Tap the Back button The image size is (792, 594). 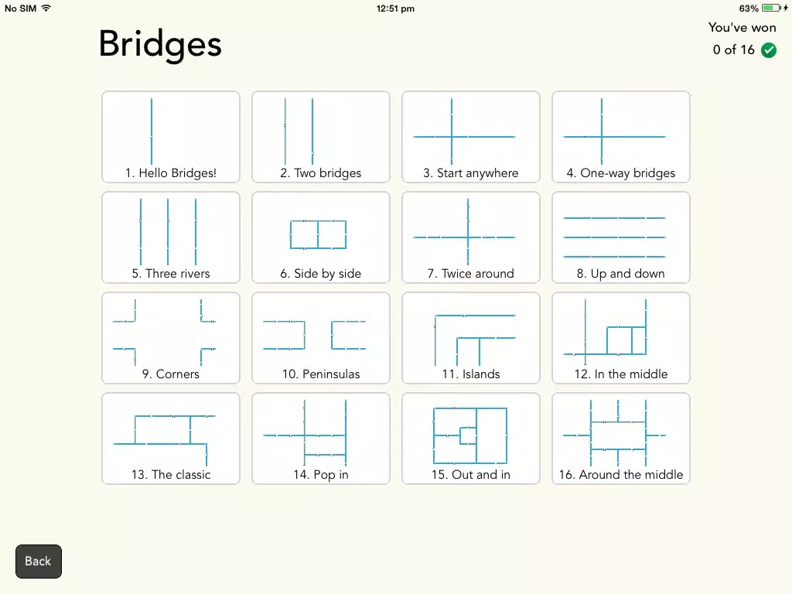[x=39, y=562]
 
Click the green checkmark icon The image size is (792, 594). [x=769, y=50]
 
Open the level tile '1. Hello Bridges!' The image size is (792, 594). [x=171, y=137]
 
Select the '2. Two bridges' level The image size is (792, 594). [x=321, y=137]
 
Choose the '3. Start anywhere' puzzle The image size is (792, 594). [x=471, y=137]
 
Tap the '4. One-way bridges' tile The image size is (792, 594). [x=621, y=137]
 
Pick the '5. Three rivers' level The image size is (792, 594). [x=171, y=237]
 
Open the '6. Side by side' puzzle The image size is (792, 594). [x=321, y=237]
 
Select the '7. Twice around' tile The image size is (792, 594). [x=471, y=237]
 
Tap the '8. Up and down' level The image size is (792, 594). [x=621, y=237]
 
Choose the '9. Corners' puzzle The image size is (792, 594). [x=171, y=338]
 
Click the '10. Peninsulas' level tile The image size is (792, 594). [x=321, y=338]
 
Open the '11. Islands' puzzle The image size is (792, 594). [x=471, y=338]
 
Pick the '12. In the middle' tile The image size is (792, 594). [x=621, y=338]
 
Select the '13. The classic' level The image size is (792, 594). [x=171, y=439]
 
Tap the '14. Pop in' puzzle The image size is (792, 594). [x=321, y=439]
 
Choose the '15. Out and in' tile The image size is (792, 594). [x=471, y=439]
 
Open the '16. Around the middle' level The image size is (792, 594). [x=621, y=439]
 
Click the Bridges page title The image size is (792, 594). [x=160, y=45]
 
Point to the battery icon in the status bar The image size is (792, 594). [x=771, y=8]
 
